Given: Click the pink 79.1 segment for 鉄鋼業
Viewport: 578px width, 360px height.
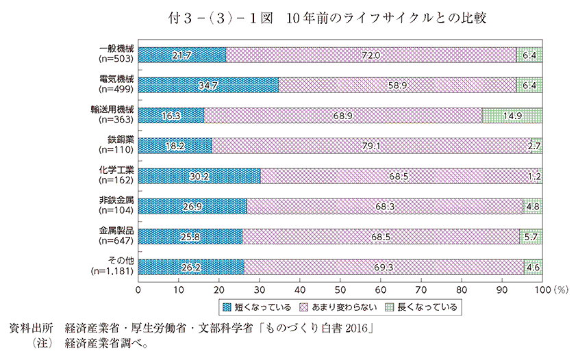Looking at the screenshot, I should point(372,145).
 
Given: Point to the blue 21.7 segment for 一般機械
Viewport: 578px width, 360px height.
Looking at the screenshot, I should point(182,54).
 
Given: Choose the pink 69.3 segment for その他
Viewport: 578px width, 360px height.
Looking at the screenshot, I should point(384,266).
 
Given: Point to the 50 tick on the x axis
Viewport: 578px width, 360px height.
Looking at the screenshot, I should point(340,290).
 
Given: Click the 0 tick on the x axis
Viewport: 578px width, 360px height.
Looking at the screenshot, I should point(139,290).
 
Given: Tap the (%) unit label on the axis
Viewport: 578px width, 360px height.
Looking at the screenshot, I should point(558,290).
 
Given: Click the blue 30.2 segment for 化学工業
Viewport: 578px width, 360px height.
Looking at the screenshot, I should point(199,176).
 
